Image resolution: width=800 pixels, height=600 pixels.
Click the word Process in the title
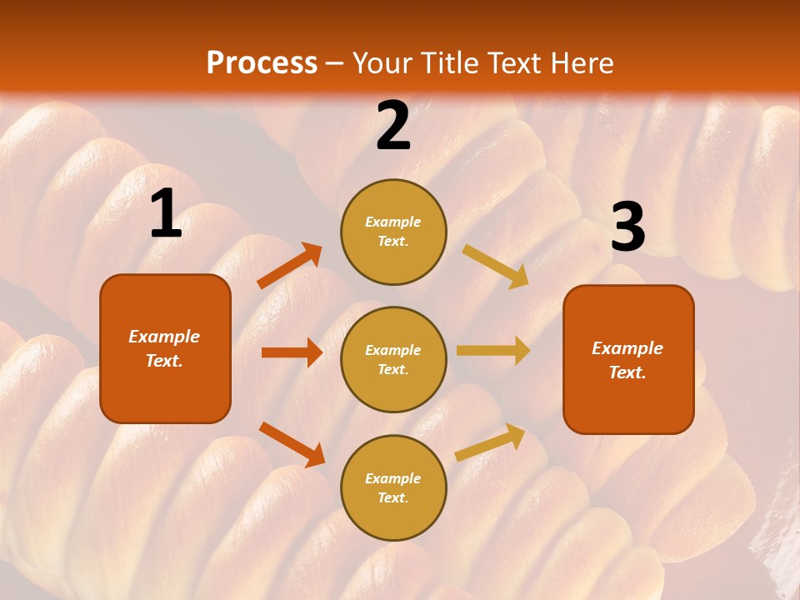coord(262,63)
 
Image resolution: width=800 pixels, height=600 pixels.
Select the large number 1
coord(166,214)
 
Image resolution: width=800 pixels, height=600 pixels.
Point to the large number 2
coord(393,126)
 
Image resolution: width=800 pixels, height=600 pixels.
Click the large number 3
coord(627,227)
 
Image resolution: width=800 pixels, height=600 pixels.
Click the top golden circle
coord(393,232)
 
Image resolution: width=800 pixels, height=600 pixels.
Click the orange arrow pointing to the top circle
coord(290,266)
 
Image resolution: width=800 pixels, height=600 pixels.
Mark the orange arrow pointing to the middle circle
coord(292,352)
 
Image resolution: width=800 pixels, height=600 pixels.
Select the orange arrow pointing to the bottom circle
coord(292,444)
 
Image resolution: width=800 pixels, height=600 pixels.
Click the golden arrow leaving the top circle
coord(496,266)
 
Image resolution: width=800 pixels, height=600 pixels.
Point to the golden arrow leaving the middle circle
coord(493,350)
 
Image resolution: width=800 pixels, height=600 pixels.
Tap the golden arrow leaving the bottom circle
coord(491,442)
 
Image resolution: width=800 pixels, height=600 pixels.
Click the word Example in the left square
coord(164,337)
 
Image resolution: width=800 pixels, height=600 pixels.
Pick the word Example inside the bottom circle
coord(393,478)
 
